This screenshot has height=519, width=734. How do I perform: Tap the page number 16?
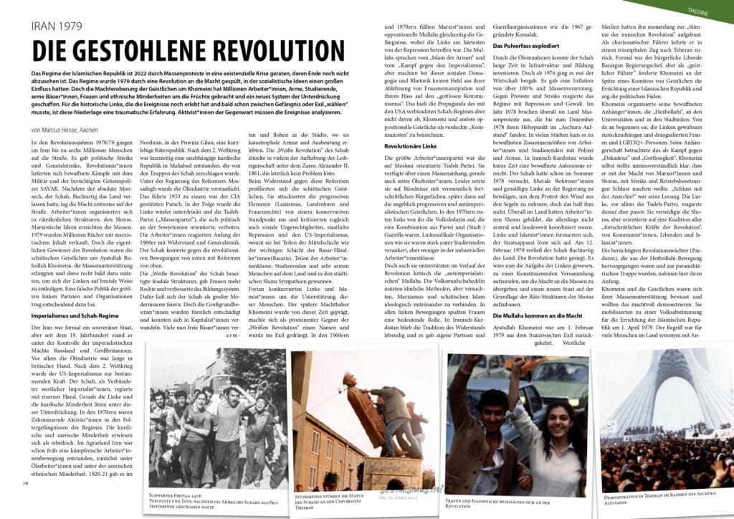[x=25, y=482]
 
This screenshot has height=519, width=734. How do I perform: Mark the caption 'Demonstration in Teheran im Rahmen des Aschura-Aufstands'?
[x=660, y=497]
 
